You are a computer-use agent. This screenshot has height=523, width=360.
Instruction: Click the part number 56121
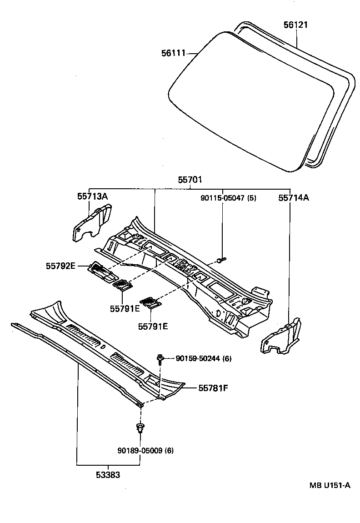[295, 25]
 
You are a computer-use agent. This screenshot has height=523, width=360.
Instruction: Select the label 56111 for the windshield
[174, 54]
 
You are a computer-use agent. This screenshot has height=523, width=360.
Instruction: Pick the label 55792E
[60, 266]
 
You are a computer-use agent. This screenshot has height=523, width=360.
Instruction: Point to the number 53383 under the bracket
[108, 475]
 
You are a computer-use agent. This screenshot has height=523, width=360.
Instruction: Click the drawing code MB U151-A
[330, 485]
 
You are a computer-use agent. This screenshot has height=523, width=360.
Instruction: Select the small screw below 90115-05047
[221, 260]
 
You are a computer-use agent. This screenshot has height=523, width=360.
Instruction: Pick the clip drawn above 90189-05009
[140, 428]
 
